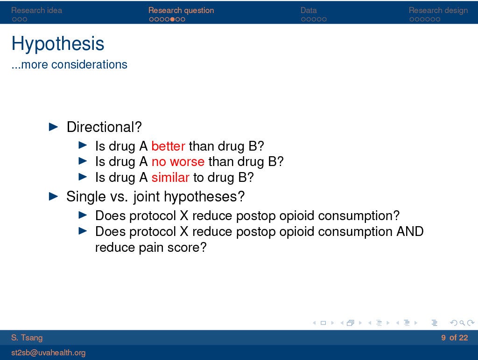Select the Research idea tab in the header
36,10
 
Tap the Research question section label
181,10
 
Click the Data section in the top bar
309,10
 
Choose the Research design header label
438,10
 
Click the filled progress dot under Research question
172,20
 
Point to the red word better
168,146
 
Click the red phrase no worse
178,162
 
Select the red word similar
170,178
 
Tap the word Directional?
104,127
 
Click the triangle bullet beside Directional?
53,127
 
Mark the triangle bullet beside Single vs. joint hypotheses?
53,196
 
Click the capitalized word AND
410,231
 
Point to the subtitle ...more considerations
69,64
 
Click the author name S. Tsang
27,338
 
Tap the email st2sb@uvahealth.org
49,353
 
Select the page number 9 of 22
454,338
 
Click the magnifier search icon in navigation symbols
462,323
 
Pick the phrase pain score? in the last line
173,248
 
